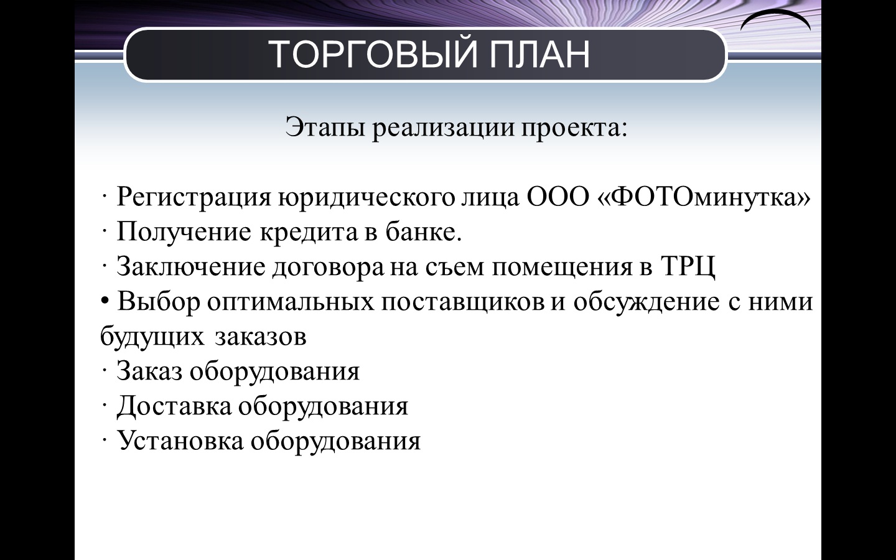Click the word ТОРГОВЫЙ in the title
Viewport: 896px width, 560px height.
click(373, 54)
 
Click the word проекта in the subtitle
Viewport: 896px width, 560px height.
click(574, 128)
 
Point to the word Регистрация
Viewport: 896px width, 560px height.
click(194, 198)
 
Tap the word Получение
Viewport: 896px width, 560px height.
click(184, 232)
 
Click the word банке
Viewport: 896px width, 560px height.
click(424, 231)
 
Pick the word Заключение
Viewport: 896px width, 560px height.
click(191, 267)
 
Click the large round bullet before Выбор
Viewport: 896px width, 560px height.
click(105, 300)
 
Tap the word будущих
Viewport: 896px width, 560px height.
click(152, 337)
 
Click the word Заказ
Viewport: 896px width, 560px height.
click(149, 371)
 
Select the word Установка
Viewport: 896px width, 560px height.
click(180, 441)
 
